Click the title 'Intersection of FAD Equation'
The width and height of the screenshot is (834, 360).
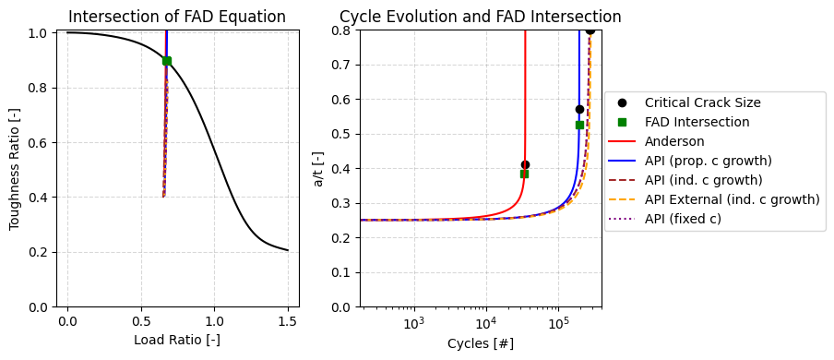click(x=177, y=17)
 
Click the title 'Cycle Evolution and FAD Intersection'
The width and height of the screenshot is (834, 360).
click(x=480, y=17)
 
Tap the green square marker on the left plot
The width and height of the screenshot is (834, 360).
click(x=166, y=61)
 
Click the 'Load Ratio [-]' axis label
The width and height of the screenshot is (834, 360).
click(x=177, y=340)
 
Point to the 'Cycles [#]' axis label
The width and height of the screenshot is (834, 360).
click(x=480, y=343)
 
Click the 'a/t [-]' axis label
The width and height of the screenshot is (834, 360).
click(x=318, y=168)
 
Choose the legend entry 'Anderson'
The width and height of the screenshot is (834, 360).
click(x=674, y=141)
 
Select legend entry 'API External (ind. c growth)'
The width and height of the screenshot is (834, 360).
click(x=732, y=199)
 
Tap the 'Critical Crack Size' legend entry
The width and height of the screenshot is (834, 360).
click(x=702, y=102)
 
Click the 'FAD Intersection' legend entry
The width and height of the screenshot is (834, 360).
click(x=697, y=122)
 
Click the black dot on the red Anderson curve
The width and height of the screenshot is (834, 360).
click(x=525, y=164)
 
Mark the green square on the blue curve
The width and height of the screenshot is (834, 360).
click(x=579, y=125)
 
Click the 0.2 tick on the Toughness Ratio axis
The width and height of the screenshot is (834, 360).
click(x=35, y=252)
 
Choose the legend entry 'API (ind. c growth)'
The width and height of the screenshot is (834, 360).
click(x=703, y=180)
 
